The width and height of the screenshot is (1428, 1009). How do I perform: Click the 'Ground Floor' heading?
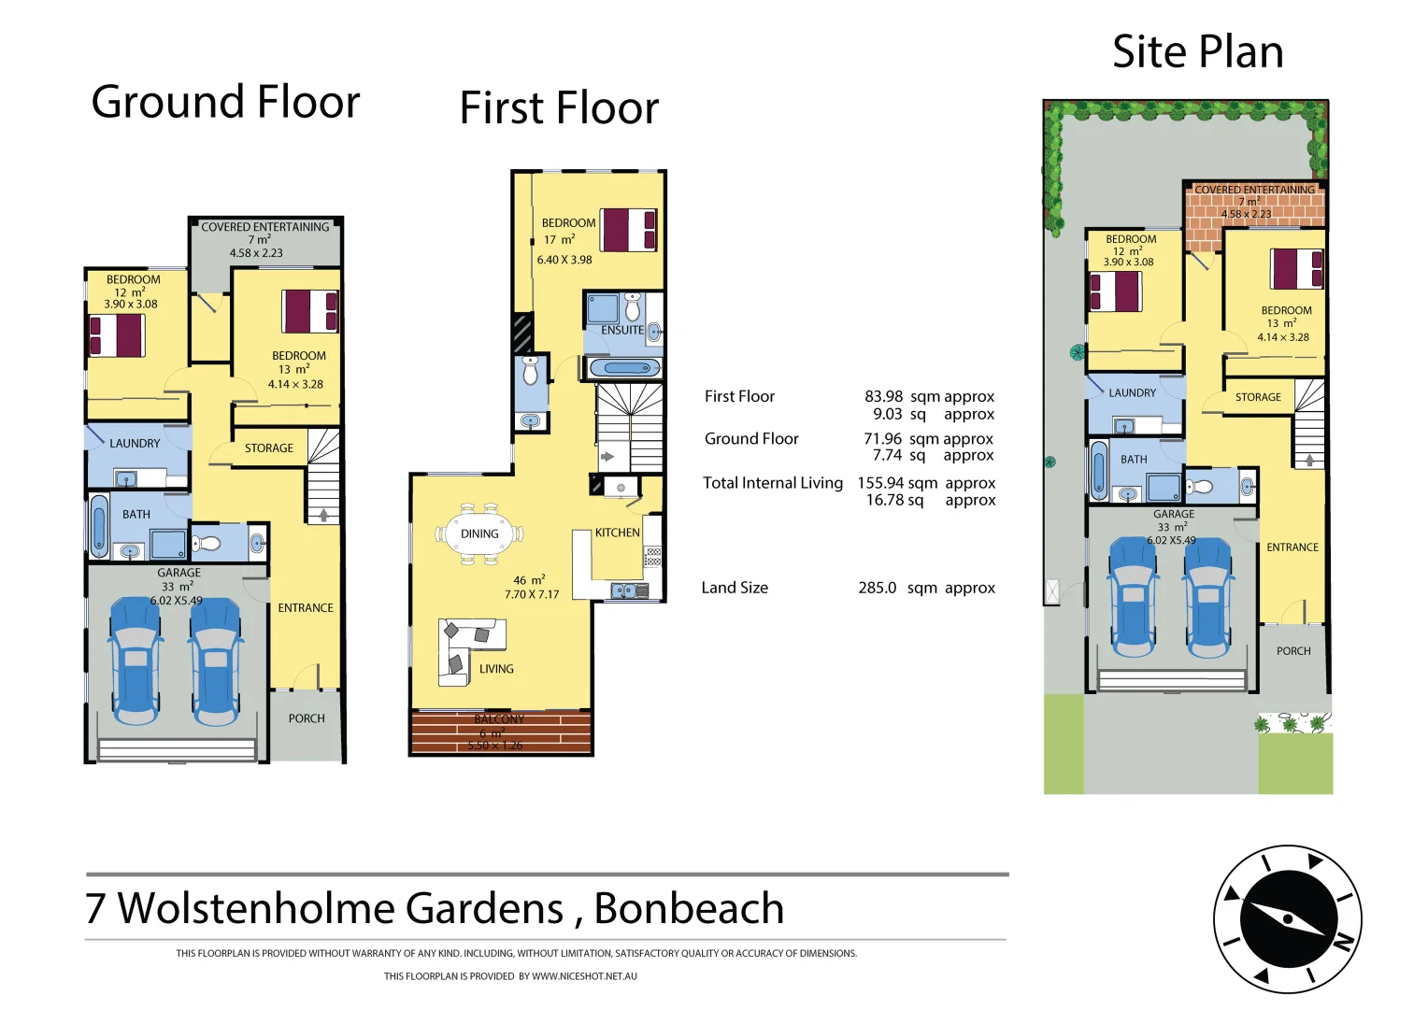pyautogui.click(x=225, y=102)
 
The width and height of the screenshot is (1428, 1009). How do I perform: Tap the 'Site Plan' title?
pyautogui.click(x=1197, y=52)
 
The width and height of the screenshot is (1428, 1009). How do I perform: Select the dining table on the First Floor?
pyautogui.click(x=479, y=534)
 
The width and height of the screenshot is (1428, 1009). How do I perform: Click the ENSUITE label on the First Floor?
pyautogui.click(x=621, y=330)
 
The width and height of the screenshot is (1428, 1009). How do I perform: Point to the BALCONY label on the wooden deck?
pyautogui.click(x=499, y=719)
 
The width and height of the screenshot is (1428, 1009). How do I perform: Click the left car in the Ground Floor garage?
pyautogui.click(x=136, y=661)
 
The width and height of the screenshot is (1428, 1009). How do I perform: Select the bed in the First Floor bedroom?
pyautogui.click(x=628, y=230)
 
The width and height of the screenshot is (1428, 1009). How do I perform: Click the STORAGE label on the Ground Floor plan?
pyautogui.click(x=269, y=448)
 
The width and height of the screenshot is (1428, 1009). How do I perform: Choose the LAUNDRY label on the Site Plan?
pyautogui.click(x=1132, y=393)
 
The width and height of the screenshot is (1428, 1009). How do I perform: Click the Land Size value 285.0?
pyautogui.click(x=877, y=588)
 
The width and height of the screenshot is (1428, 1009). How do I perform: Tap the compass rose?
pyautogui.click(x=1287, y=919)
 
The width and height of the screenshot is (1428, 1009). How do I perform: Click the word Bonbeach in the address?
pyautogui.click(x=689, y=908)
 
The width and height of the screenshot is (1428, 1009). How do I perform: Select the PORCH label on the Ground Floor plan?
pyautogui.click(x=307, y=718)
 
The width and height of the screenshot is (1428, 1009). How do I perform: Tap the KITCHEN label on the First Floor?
pyautogui.click(x=618, y=533)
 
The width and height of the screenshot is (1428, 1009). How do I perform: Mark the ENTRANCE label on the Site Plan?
pyautogui.click(x=1292, y=547)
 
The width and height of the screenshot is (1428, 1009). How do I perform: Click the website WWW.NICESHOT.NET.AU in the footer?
pyautogui.click(x=584, y=976)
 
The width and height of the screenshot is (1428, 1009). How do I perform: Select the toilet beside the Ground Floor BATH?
pyautogui.click(x=207, y=543)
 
